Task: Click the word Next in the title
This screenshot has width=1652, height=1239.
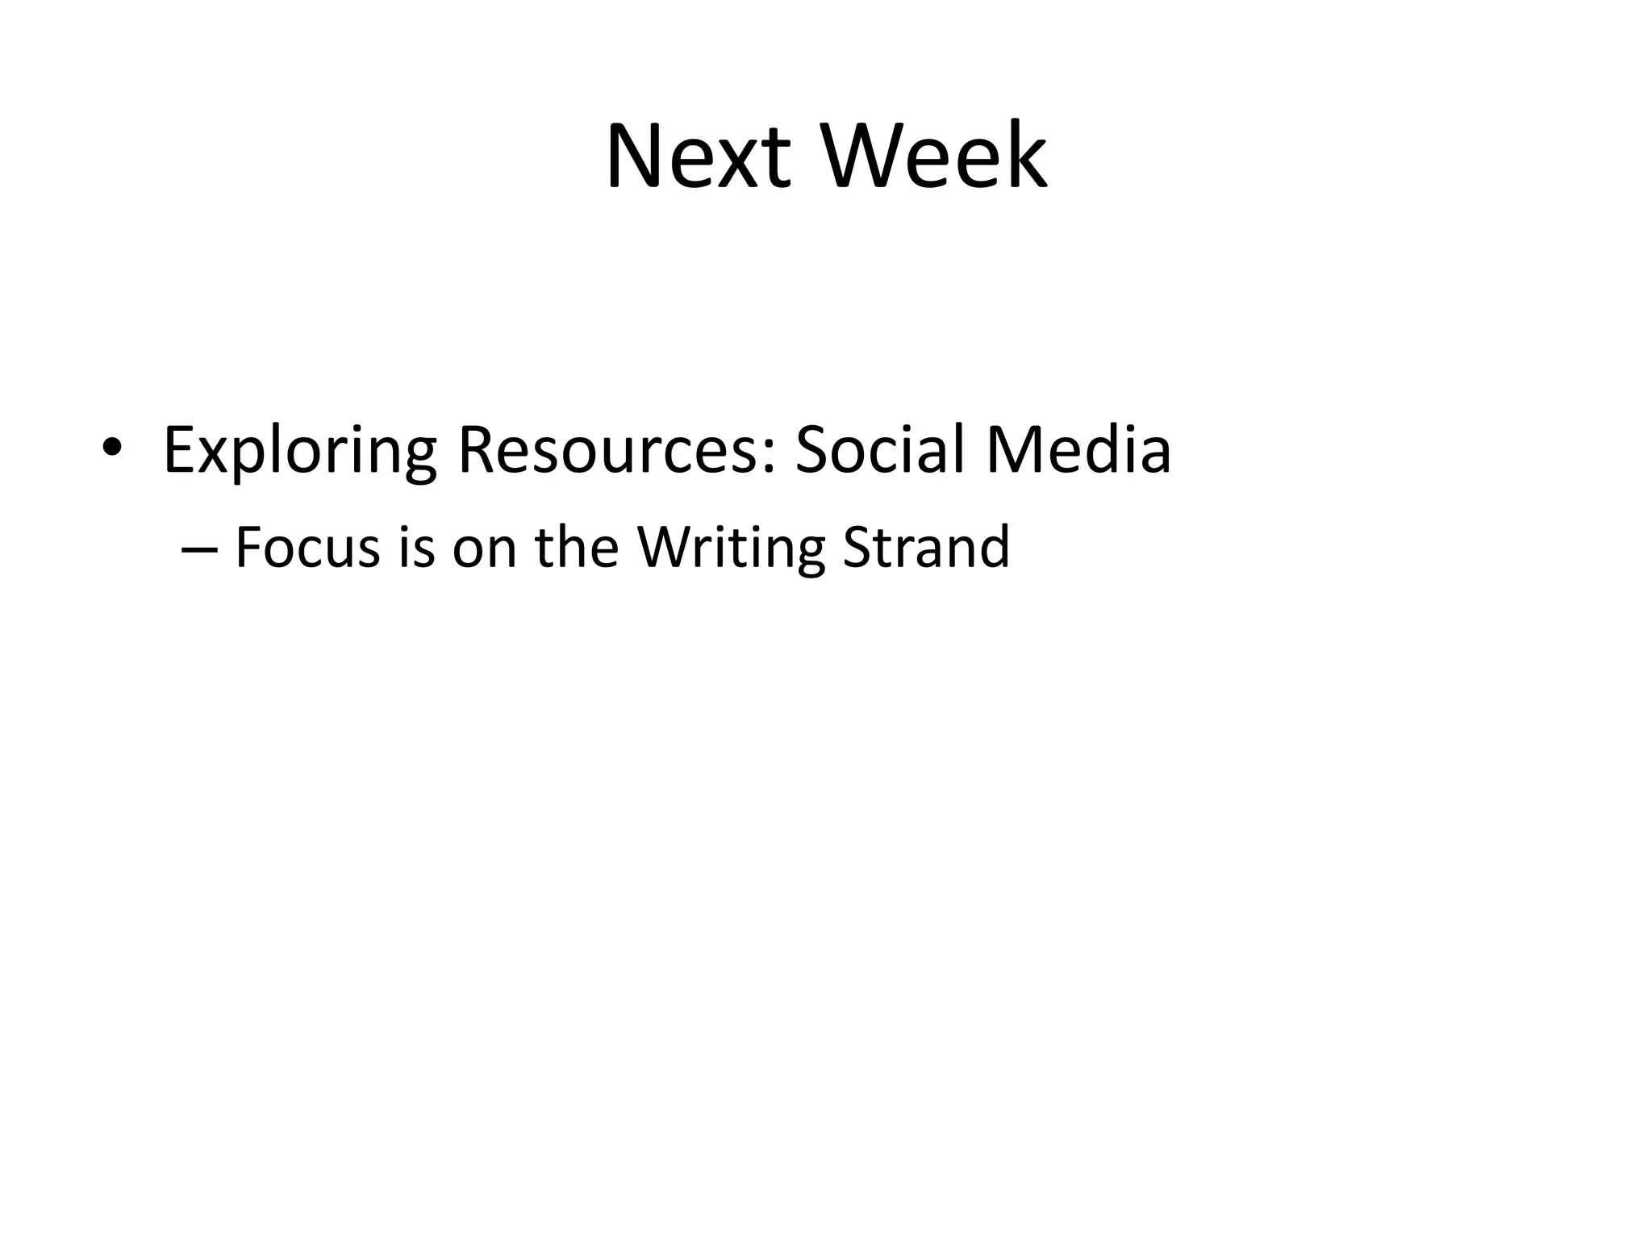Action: click(699, 156)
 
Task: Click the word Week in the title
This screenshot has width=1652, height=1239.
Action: click(934, 156)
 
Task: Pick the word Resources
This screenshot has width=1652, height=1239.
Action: click(608, 450)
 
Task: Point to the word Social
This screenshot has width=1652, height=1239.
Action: click(881, 450)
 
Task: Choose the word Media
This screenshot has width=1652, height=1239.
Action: click(1078, 450)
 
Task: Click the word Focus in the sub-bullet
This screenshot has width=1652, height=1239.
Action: click(307, 547)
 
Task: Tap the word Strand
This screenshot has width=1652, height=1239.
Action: click(926, 547)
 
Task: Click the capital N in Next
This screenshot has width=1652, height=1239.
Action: click(634, 156)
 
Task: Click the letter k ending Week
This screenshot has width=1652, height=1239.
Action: click(1025, 156)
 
